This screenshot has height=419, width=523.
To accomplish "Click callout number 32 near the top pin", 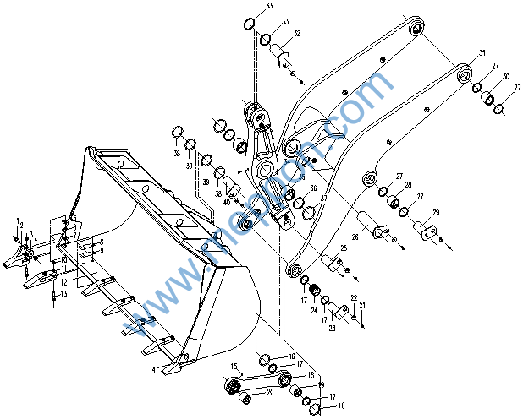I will click(x=297, y=34).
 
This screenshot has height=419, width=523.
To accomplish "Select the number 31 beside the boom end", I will click(x=482, y=53).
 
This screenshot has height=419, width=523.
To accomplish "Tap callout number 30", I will click(x=504, y=77).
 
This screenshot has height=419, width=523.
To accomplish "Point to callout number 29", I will click(x=435, y=211).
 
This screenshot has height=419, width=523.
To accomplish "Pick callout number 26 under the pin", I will click(x=355, y=239).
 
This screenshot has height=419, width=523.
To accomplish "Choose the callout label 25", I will click(x=344, y=248).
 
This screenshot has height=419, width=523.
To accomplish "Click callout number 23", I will click(x=333, y=328).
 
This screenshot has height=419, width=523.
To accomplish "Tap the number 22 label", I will click(x=353, y=297).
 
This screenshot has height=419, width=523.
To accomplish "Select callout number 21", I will click(x=362, y=305).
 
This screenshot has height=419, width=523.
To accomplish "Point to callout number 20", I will click(x=270, y=391).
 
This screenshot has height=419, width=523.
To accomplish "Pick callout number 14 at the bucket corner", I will click(x=152, y=369).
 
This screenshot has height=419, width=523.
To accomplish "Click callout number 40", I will click(x=227, y=201).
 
